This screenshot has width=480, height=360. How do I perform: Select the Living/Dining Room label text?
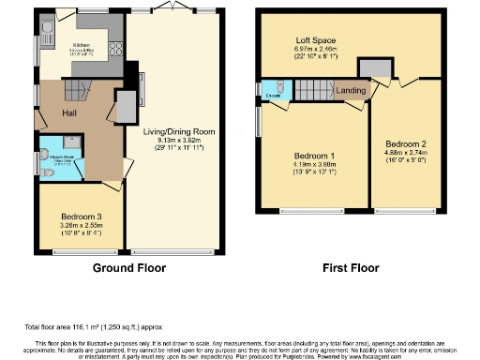click(x=180, y=133)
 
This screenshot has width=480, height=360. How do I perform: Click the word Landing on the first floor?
click(x=352, y=91)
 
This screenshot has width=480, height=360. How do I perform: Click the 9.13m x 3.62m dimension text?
click(x=180, y=142)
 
